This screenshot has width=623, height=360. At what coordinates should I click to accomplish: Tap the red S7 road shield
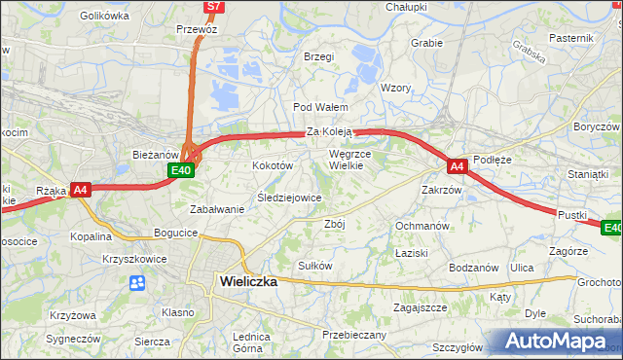[214, 7]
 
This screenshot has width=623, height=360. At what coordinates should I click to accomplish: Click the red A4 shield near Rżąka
[81, 190]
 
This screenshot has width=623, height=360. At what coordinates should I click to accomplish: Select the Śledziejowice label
[289, 198]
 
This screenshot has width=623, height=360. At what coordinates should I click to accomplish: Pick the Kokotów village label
[273, 166]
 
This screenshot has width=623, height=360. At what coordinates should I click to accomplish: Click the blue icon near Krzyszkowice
[136, 282]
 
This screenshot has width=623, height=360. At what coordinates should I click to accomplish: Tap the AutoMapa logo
[558, 341]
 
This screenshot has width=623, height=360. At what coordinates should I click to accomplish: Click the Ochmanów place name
[421, 226]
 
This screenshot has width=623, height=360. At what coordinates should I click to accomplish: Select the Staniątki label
[587, 173]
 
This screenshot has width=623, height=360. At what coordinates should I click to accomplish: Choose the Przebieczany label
[354, 335]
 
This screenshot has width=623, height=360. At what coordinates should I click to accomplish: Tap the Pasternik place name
[570, 37]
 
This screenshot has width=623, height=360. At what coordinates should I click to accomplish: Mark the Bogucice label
[176, 234]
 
